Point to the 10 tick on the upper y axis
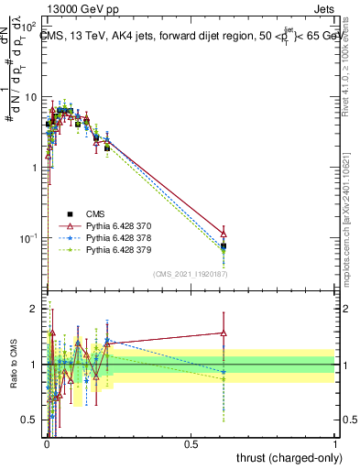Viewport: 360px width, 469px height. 31,97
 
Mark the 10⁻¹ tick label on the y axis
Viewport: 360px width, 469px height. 29,238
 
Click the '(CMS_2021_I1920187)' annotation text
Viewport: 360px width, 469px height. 191,274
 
